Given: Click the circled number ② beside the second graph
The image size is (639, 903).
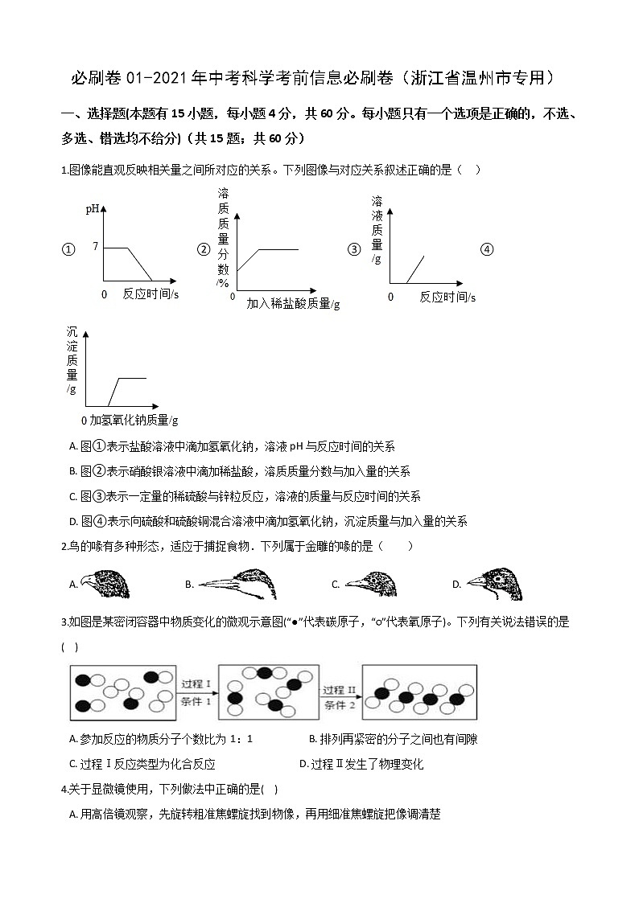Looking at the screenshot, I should point(204,249).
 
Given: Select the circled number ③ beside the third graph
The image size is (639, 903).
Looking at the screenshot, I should point(353,249).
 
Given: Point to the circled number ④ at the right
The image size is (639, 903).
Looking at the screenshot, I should point(486,249).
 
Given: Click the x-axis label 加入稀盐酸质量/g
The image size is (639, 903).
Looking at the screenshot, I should point(293,304).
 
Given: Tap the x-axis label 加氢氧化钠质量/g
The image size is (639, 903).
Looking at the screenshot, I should point(130,420).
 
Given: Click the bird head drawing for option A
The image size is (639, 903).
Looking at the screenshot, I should point(105,584).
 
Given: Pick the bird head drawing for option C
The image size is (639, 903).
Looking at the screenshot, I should point(372,584).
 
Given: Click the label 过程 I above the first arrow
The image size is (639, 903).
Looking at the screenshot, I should point(196,684).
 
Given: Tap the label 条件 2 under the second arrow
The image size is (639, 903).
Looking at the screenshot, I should point(340,705).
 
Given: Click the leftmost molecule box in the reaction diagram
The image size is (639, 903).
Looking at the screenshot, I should point(122,692).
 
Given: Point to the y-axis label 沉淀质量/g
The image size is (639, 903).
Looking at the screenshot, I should point(72,359).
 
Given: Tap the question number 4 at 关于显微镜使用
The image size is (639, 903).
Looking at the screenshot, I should point(64,789).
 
